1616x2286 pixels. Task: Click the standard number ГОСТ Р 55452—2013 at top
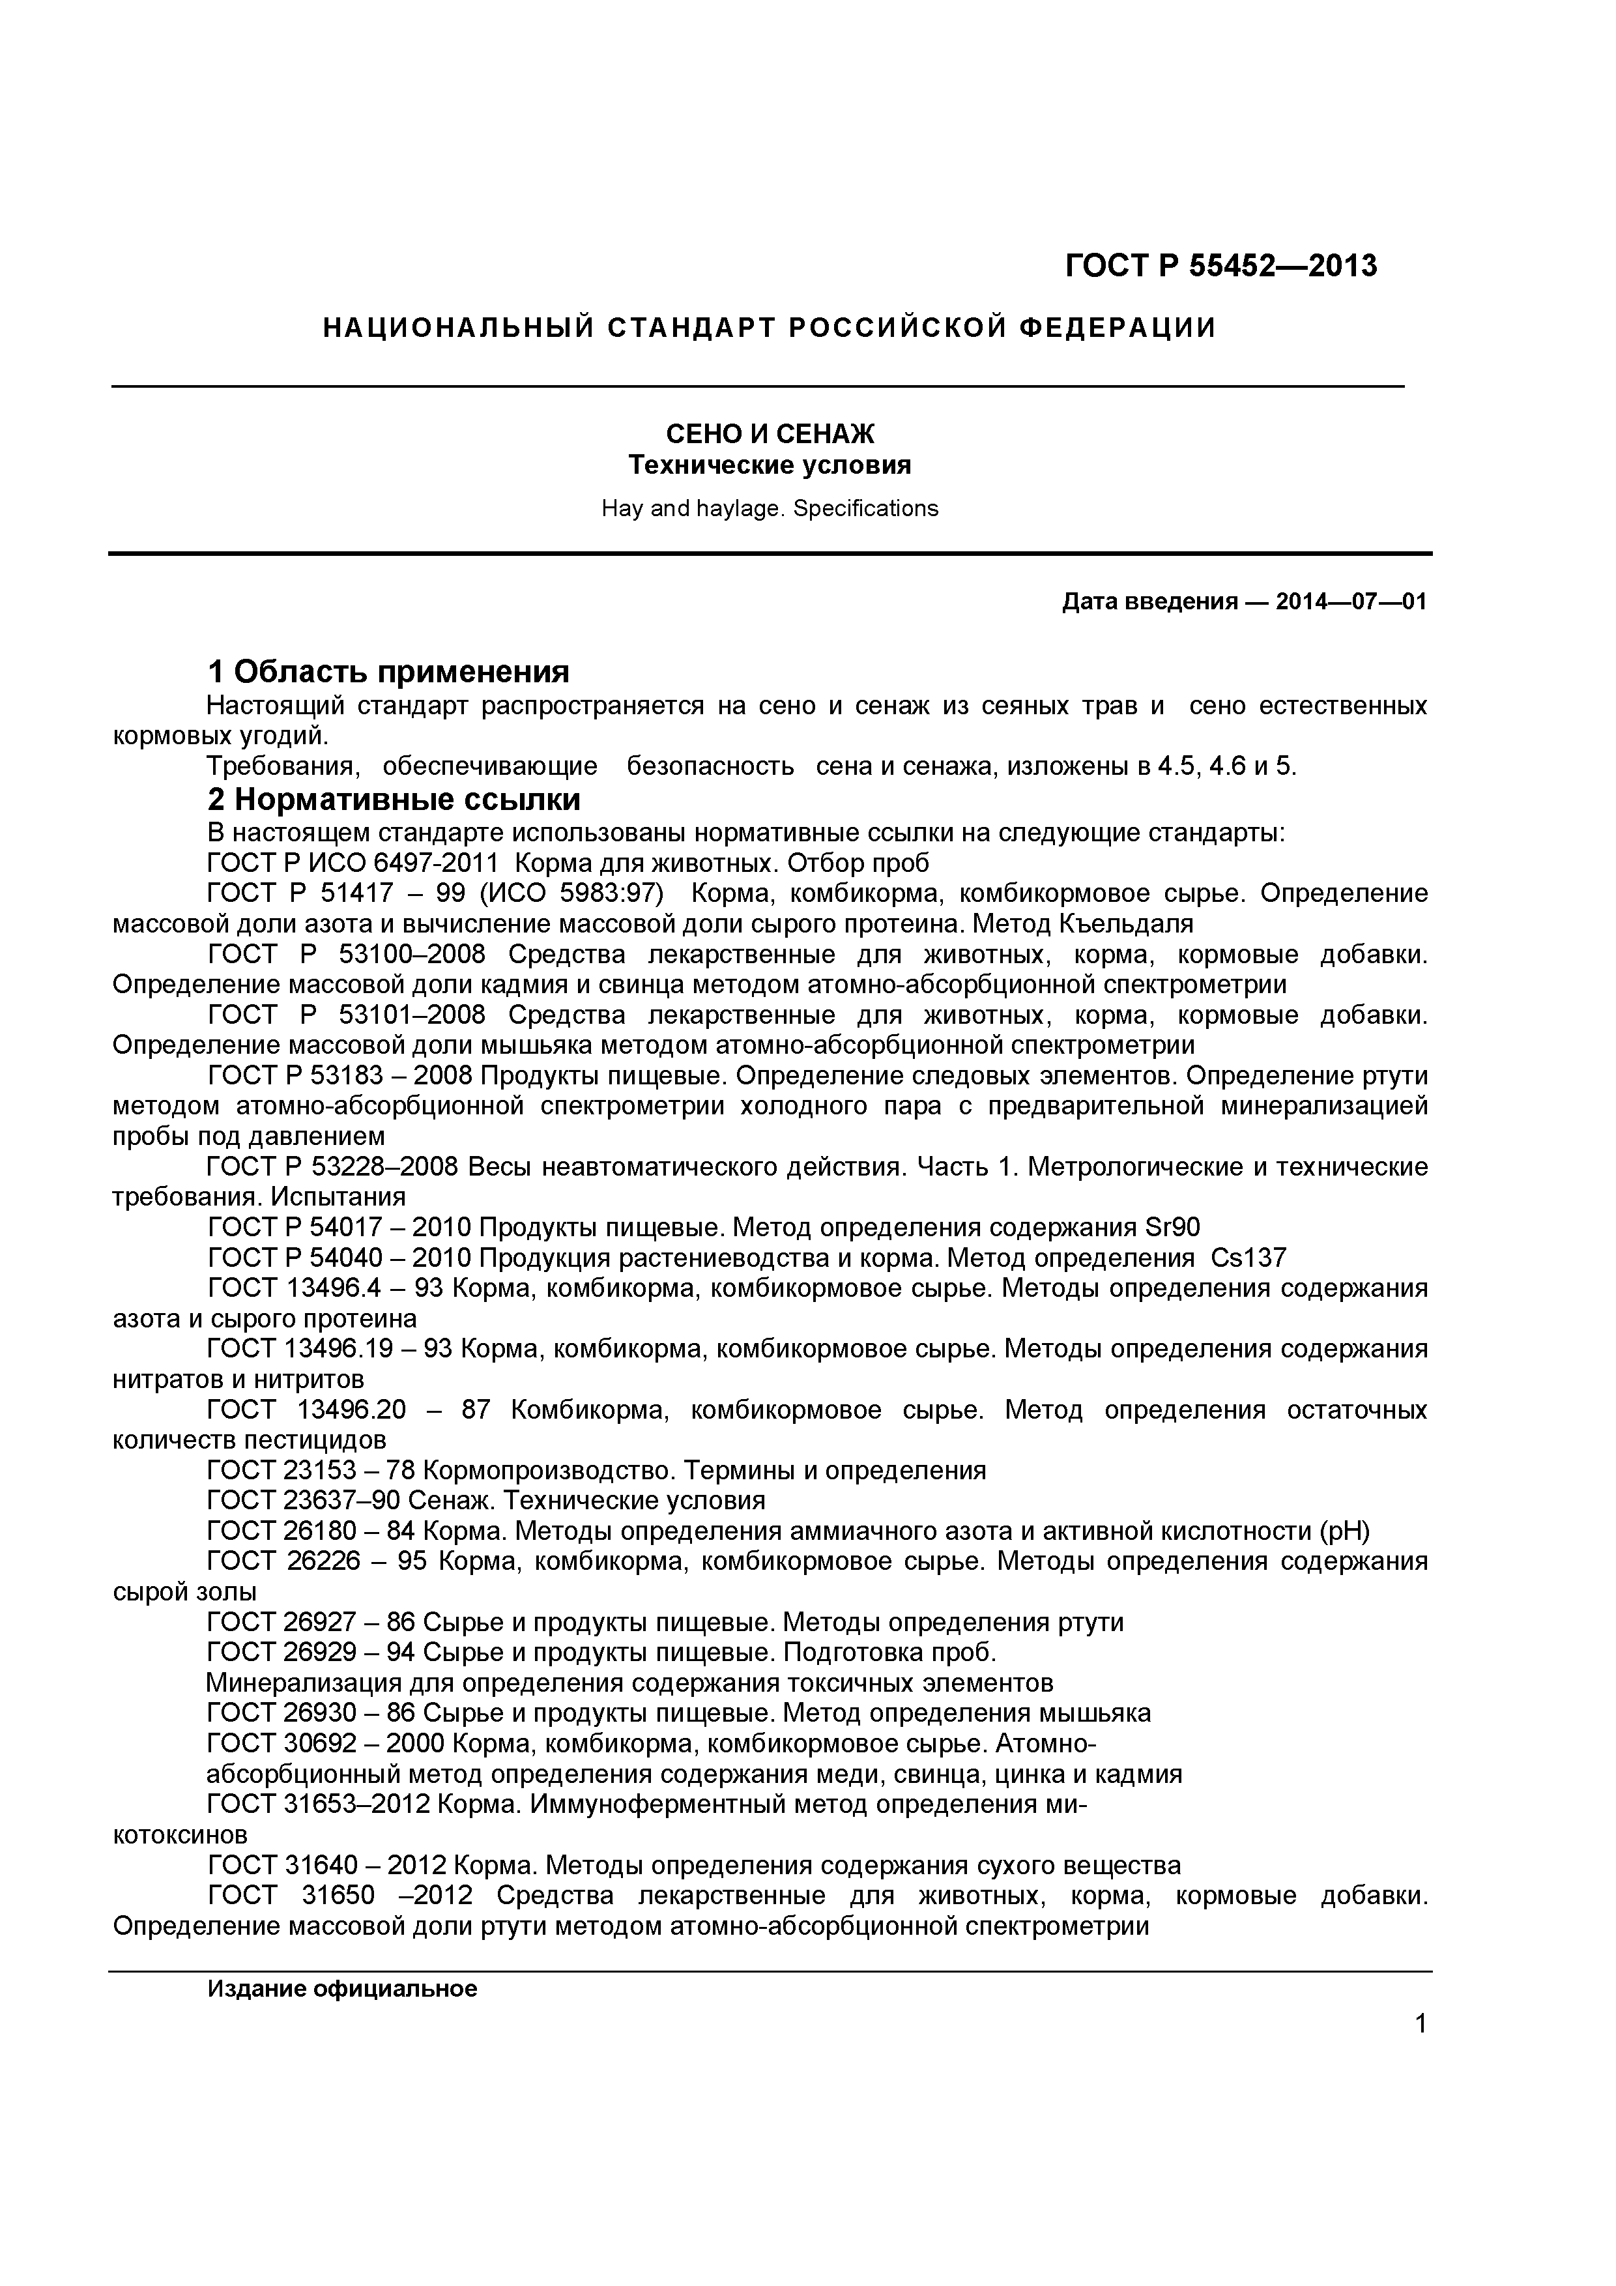(1222, 267)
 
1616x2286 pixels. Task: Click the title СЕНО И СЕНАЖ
(770, 434)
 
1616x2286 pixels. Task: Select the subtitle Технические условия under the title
(770, 465)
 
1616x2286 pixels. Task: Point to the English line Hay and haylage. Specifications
(770, 509)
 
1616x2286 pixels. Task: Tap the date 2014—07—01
(1351, 601)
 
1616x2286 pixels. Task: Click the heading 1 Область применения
(388, 672)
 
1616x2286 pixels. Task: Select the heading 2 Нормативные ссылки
(394, 800)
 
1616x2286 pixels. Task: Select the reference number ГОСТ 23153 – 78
(311, 1471)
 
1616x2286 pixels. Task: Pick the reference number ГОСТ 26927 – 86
(311, 1623)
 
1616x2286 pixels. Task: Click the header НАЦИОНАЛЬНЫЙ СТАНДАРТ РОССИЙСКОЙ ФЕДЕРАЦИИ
(770, 328)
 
